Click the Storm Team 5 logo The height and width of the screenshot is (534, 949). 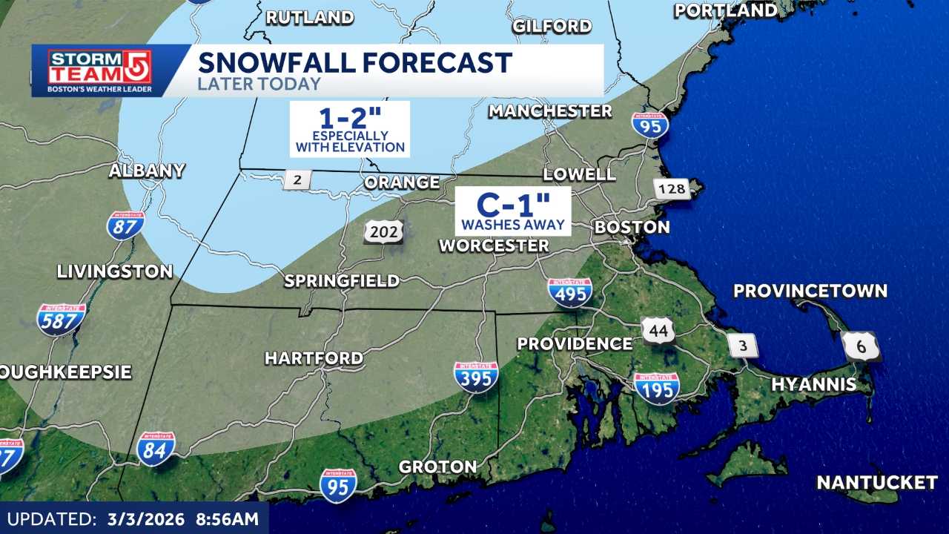click(x=99, y=70)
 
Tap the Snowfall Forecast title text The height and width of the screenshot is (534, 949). click(x=354, y=62)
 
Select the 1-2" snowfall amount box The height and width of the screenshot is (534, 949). click(x=350, y=129)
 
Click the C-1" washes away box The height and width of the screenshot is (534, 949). click(x=513, y=211)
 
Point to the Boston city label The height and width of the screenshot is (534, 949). click(x=632, y=227)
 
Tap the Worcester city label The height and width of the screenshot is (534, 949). click(x=494, y=245)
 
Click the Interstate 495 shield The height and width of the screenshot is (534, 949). click(x=570, y=292)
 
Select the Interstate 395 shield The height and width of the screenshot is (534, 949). click(x=476, y=377)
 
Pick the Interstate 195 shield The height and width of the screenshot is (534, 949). click(x=657, y=388)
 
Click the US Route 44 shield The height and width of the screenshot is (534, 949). click(x=658, y=330)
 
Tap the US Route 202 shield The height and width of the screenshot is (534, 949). click(x=383, y=231)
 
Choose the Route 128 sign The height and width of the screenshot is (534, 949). click(x=672, y=189)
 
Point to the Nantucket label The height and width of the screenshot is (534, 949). click(x=876, y=483)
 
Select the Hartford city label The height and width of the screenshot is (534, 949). click(x=314, y=358)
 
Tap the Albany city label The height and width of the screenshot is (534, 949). click(x=147, y=171)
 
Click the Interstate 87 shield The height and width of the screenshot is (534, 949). click(x=125, y=225)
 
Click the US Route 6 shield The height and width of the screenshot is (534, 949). click(x=861, y=346)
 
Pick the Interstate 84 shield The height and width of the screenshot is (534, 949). click(x=156, y=448)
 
